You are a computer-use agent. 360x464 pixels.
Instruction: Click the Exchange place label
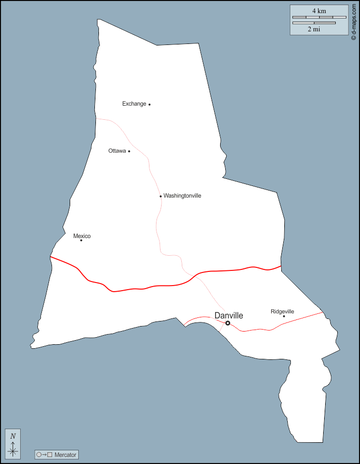coord(134,104)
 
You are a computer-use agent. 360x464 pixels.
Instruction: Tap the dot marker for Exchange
coord(149,105)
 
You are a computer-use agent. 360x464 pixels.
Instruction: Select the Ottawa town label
coord(117,151)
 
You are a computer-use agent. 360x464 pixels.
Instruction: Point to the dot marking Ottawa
coord(129,151)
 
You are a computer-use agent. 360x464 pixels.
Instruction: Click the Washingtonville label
coord(182,196)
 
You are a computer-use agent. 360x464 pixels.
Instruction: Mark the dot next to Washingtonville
coord(161,196)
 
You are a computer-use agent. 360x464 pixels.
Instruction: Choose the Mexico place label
coord(82,236)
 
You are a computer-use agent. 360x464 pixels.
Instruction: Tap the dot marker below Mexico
coord(81,240)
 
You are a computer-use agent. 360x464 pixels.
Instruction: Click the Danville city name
coord(229,315)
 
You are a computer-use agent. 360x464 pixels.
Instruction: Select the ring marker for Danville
coord(228,323)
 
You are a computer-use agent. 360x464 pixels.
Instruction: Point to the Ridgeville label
coord(282,311)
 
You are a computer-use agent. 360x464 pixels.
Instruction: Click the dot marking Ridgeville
coord(284,316)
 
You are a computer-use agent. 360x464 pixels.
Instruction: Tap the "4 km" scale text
coord(319,11)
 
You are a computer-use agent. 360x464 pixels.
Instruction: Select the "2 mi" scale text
coord(314,29)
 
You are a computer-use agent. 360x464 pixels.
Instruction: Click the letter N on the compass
coord(13,436)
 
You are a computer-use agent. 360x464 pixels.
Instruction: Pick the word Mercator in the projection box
coord(66,455)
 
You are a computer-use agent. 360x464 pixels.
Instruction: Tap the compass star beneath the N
coord(13,451)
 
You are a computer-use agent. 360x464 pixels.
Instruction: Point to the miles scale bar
coord(314,23)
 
